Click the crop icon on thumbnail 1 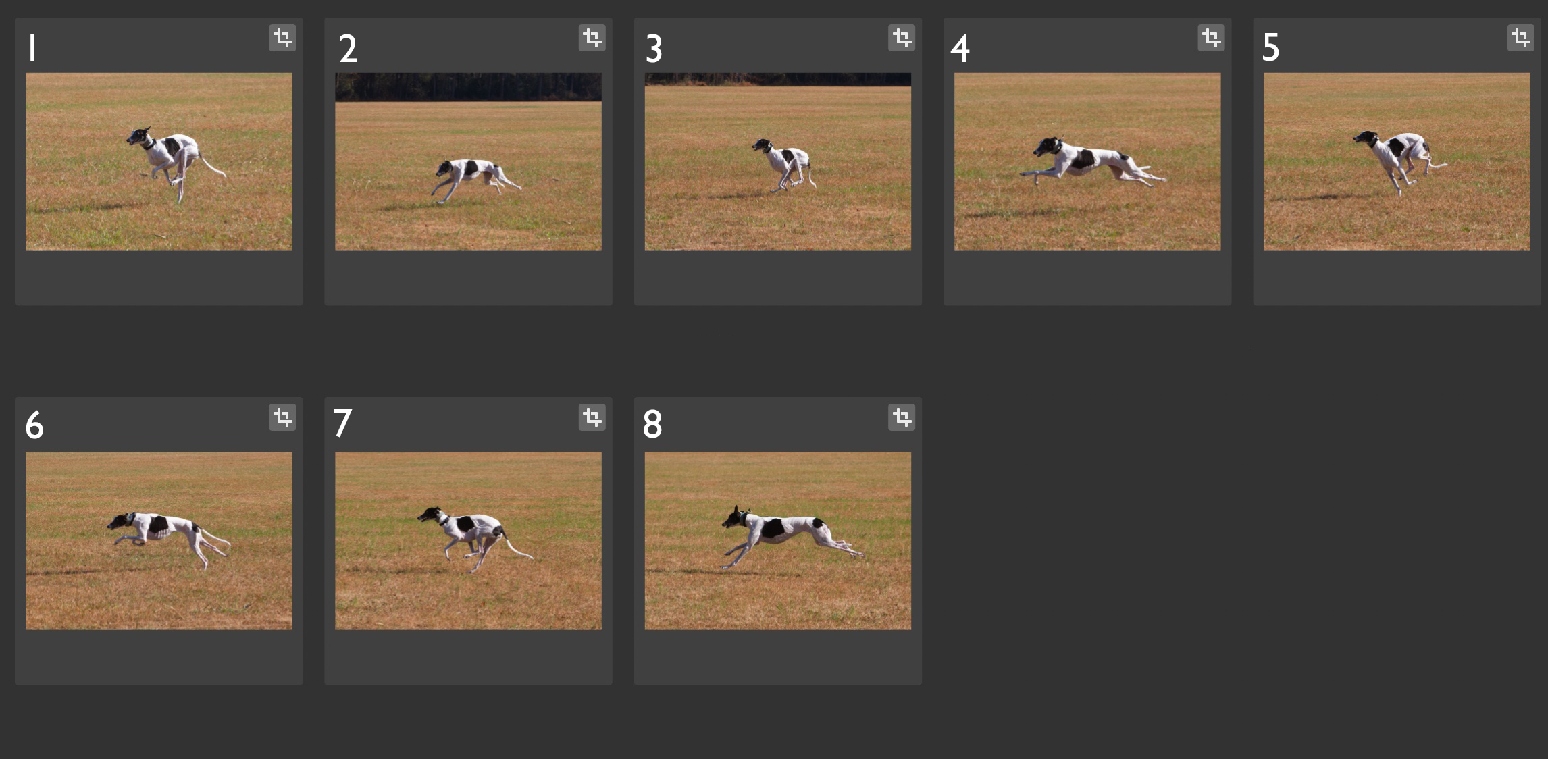tap(282, 38)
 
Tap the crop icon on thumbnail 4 tap(1211, 38)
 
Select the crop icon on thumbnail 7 tap(592, 417)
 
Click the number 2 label tap(348, 49)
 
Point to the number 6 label tap(34, 425)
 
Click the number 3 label tap(654, 49)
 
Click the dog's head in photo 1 tap(138, 137)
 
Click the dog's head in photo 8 tap(734, 519)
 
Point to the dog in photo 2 tap(476, 179)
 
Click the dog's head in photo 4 tap(1047, 147)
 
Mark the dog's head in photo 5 tap(1365, 138)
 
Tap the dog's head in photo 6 tap(121, 521)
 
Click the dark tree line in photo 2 tap(468, 87)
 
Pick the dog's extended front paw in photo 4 tap(1025, 174)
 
